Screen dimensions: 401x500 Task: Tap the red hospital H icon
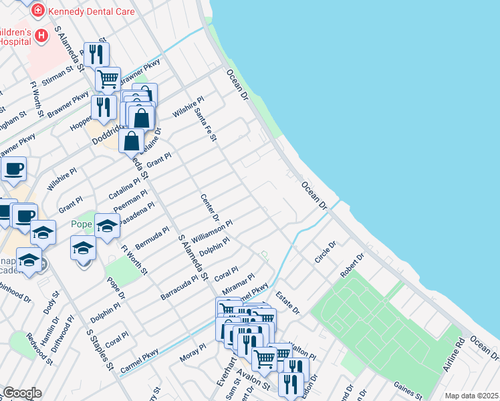[x=41, y=35]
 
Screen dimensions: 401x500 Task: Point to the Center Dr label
[x=209, y=208]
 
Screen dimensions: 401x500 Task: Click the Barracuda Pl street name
[x=180, y=286]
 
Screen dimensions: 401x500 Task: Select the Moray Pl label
[x=193, y=354]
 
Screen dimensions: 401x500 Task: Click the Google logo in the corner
[x=22, y=393]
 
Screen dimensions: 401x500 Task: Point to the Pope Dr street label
[x=116, y=293]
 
